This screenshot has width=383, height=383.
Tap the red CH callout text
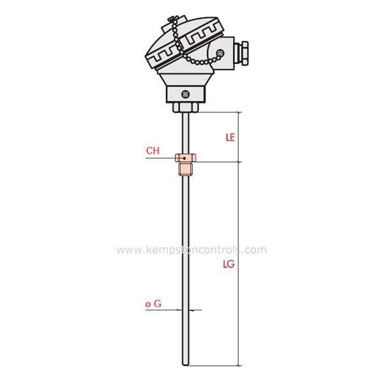coord(153,151)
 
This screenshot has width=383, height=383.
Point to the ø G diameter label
coord(153,304)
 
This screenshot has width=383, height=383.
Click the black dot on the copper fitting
coord(184,156)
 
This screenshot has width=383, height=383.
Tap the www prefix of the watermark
coord(128,250)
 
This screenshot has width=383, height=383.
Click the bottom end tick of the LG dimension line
coord(239,366)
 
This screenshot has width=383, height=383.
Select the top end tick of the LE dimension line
coord(239,112)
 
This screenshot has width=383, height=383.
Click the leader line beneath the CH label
coord(160,158)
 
